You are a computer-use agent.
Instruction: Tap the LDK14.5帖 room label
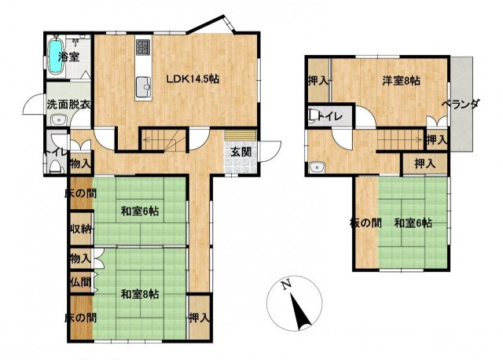[193, 79]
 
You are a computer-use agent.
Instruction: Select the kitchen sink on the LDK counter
[143, 87]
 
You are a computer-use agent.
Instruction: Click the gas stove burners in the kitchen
[143, 47]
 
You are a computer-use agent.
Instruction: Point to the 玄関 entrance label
[241, 152]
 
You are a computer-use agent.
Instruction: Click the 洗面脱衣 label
[68, 105]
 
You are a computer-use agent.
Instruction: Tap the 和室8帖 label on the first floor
[140, 294]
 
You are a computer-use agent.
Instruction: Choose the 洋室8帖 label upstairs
[401, 80]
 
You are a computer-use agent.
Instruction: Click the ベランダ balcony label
[461, 105]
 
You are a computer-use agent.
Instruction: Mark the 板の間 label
[365, 222]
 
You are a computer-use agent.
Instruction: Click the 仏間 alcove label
[80, 282]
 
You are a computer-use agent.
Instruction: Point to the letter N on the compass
[285, 285]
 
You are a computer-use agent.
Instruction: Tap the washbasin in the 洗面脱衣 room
[58, 120]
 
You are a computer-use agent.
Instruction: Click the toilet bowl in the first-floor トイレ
[55, 167]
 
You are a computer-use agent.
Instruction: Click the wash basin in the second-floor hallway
[318, 167]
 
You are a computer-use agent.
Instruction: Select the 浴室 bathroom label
[68, 57]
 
